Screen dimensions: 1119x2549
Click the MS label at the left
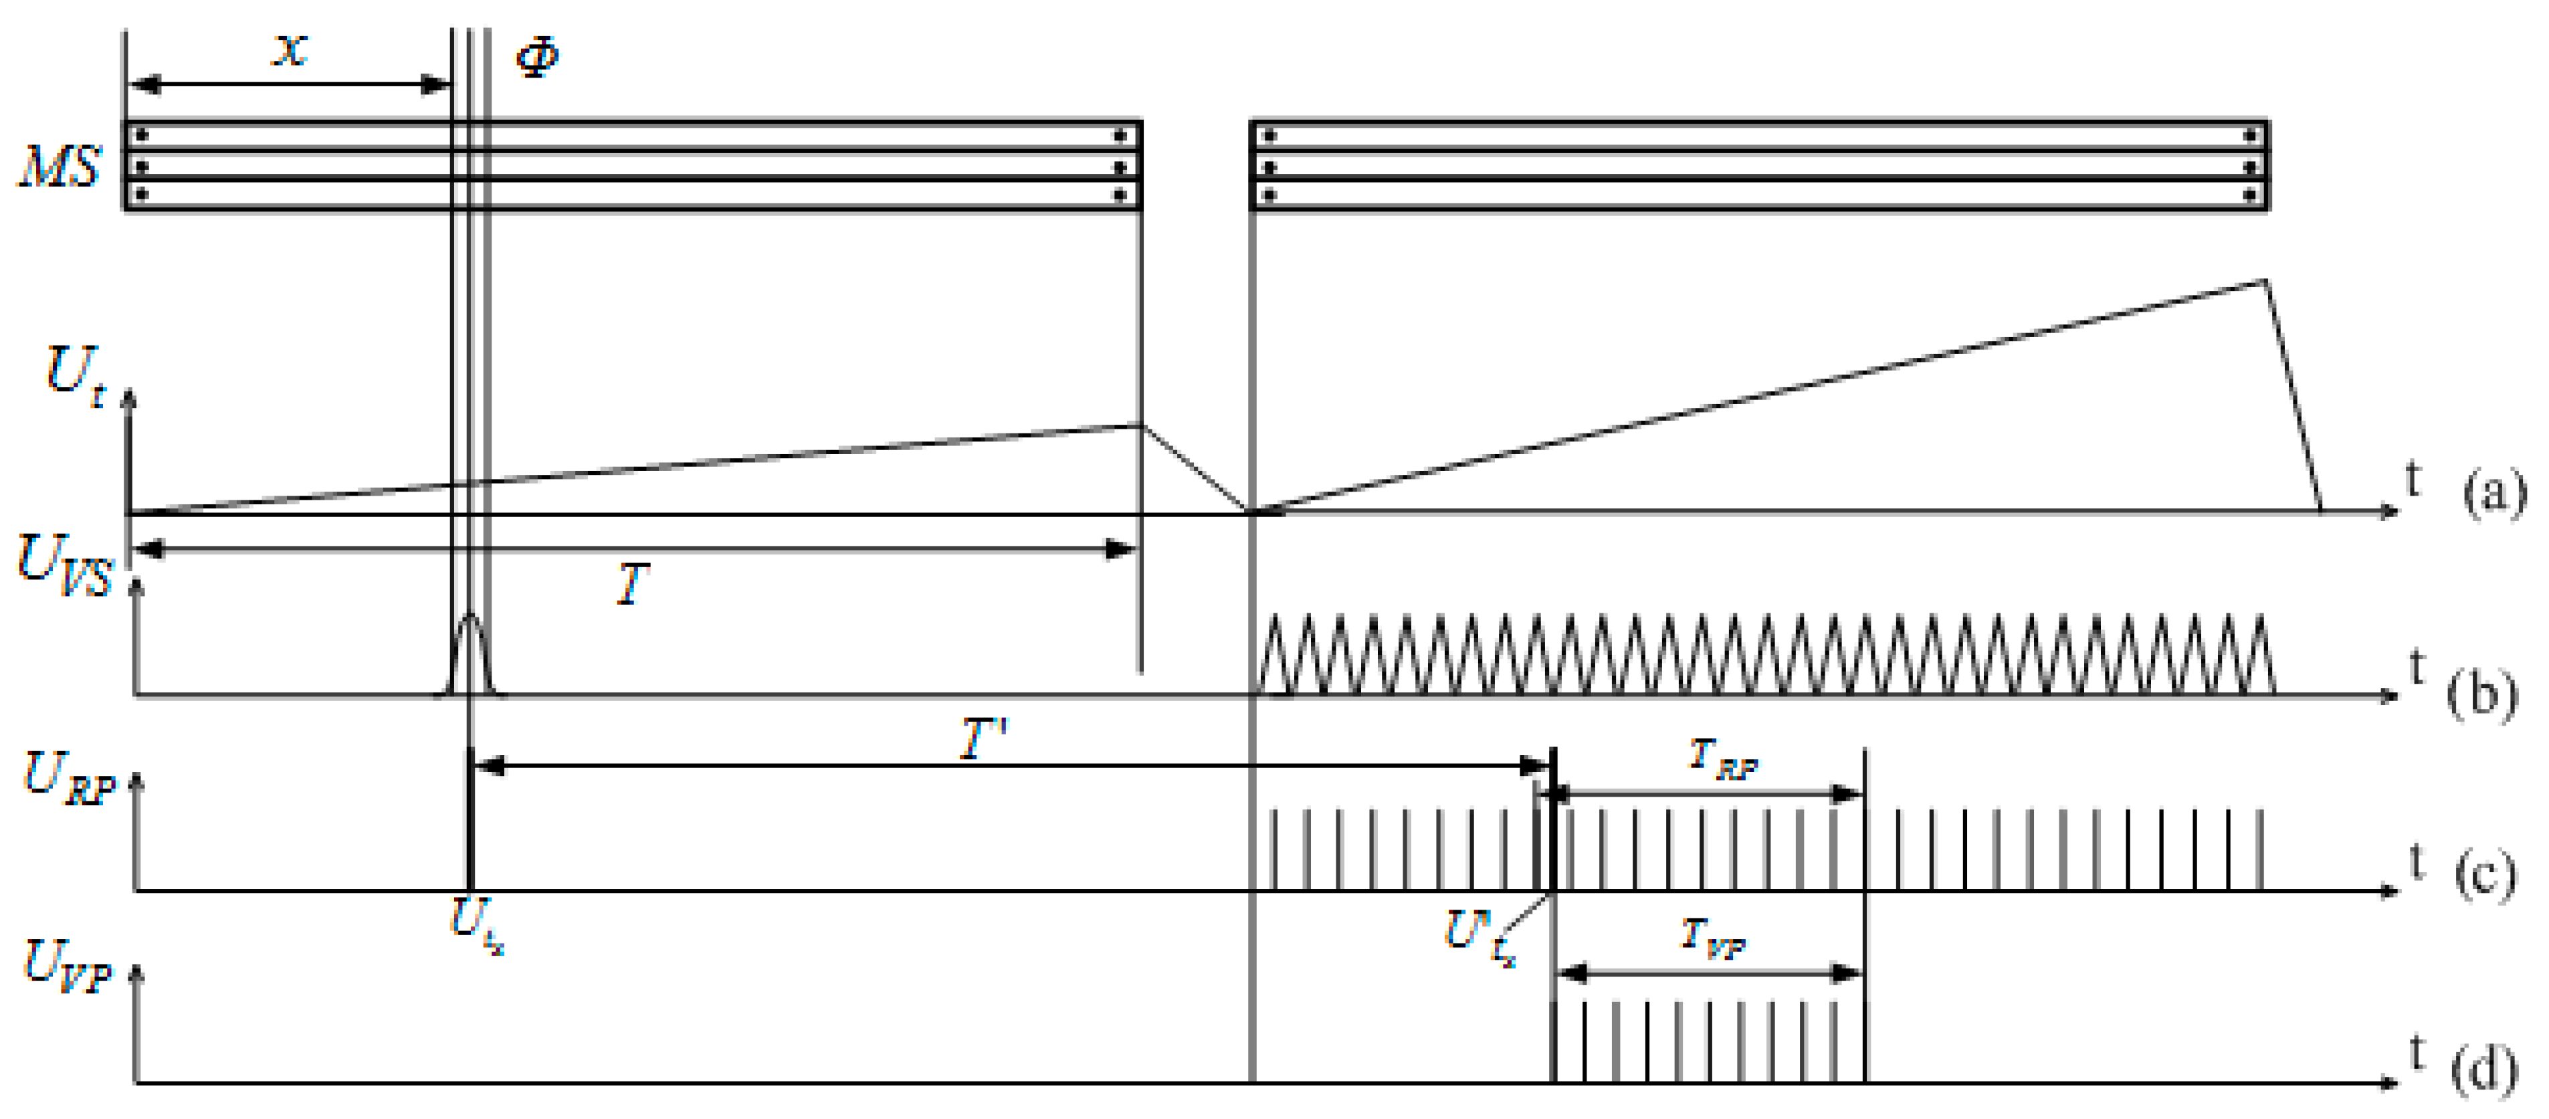click(60, 167)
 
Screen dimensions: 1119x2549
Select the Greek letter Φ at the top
click(537, 56)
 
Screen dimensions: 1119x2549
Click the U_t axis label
click(75, 376)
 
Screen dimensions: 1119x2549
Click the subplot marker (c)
click(2483, 876)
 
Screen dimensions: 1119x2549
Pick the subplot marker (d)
click(2483, 1069)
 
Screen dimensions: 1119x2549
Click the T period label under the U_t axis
click(631, 584)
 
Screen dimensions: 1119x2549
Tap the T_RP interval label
click(1722, 759)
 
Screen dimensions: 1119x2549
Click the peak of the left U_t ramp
click(1141, 425)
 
